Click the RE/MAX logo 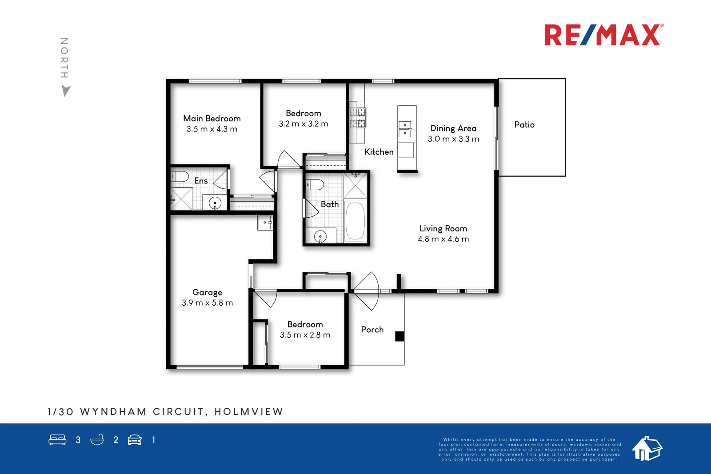point(603,35)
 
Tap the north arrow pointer point(66,91)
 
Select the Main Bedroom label point(212,119)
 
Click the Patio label point(524,125)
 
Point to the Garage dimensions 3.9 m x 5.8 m point(207,303)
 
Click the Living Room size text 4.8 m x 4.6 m point(443,239)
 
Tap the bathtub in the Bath point(355,221)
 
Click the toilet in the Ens point(180,176)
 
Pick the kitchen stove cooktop point(358,118)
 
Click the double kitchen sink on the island point(405,129)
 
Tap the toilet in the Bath point(315,184)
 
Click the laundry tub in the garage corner point(265,223)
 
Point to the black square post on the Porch point(399,336)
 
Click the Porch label point(372,330)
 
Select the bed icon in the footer point(57,440)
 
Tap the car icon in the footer point(135,440)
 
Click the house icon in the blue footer point(647,448)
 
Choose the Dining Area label point(453,128)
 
